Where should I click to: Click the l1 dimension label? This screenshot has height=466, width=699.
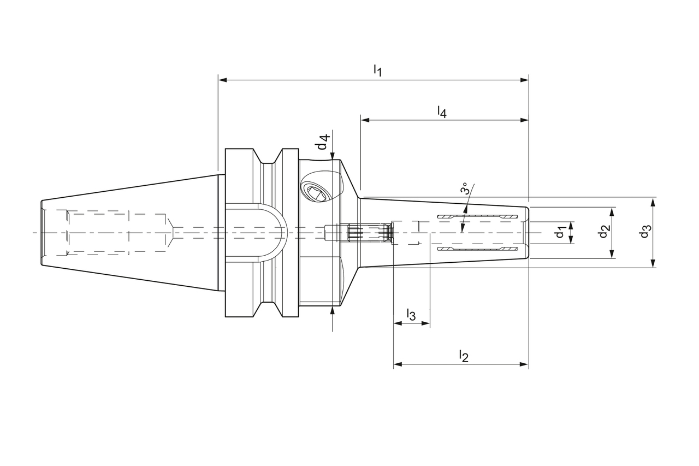(377, 70)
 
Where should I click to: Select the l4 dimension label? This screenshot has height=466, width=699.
(442, 112)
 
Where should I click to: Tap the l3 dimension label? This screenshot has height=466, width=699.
(411, 315)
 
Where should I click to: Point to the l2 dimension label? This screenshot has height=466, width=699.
(464, 356)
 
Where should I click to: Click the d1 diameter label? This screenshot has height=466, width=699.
(560, 233)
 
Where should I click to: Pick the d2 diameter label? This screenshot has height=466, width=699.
(603, 232)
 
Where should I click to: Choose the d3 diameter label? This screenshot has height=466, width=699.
(645, 232)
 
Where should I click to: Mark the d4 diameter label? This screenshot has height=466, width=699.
(323, 143)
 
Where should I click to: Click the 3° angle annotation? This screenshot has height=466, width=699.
(465, 188)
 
